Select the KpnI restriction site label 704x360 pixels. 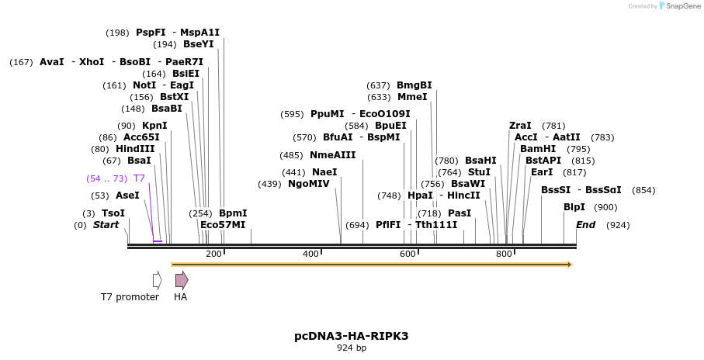pyautogui.click(x=154, y=126)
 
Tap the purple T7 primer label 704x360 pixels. pyautogui.click(x=139, y=178)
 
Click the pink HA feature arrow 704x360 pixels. pyautogui.click(x=181, y=280)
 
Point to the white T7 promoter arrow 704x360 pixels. pyautogui.click(x=157, y=280)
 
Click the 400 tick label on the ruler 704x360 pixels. pyautogui.click(x=310, y=254)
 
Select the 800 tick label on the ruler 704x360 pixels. pyautogui.click(x=503, y=254)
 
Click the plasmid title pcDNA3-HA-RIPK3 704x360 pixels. pyautogui.click(x=351, y=336)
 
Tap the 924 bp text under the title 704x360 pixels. pyautogui.click(x=351, y=348)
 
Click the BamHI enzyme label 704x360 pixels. pyautogui.click(x=538, y=149)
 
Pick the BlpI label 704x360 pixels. pyautogui.click(x=574, y=207)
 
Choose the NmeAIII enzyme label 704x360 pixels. pyautogui.click(x=332, y=155)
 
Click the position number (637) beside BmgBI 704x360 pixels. pyautogui.click(x=378, y=85)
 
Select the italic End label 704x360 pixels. pyautogui.click(x=585, y=225)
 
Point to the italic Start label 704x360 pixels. pyautogui.click(x=106, y=225)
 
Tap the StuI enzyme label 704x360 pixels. pyautogui.click(x=479, y=172)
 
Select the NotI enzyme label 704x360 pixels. pyautogui.click(x=144, y=85)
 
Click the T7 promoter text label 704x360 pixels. pyautogui.click(x=130, y=297)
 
